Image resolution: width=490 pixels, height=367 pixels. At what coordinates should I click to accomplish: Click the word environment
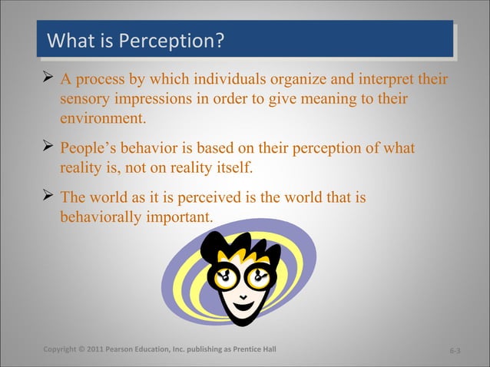point(102,119)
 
